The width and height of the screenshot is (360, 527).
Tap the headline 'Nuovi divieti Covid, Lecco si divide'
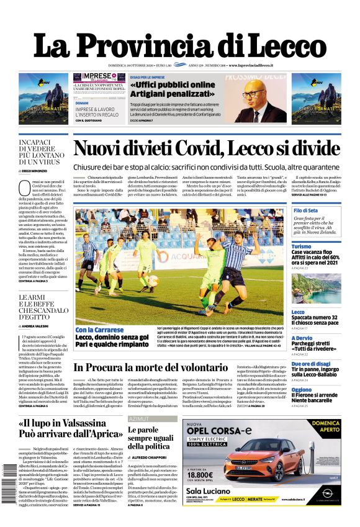coord(206,149)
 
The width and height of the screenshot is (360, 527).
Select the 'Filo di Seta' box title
coord(305,211)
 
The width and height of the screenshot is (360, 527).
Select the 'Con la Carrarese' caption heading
coord(97,330)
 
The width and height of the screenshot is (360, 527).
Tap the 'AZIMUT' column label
coord(138,419)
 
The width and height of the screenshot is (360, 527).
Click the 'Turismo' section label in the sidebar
coord(302,246)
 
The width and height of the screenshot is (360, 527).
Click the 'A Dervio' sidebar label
coord(303,338)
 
